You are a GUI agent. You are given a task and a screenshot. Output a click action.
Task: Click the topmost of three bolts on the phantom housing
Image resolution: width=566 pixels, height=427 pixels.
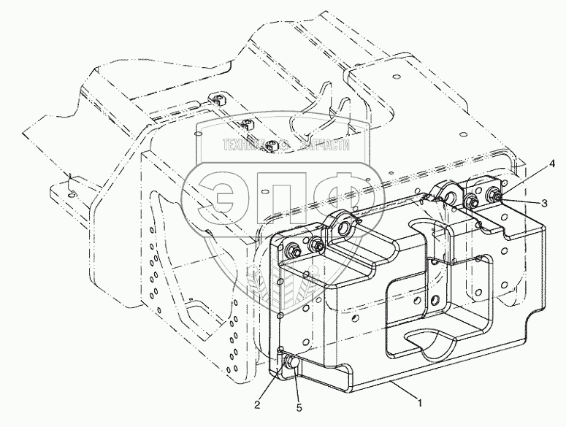pos(216,99)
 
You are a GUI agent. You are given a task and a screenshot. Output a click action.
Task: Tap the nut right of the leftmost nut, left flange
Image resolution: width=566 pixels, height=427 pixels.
pos(316,245)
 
